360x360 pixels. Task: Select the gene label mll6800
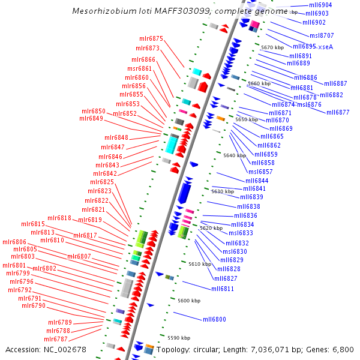[214, 319]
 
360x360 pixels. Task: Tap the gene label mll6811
[223, 289]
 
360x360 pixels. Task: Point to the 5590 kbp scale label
[178, 338]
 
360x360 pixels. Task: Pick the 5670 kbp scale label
[272, 47]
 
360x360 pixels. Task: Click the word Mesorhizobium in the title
[100, 11]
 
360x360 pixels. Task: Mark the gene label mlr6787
[55, 339]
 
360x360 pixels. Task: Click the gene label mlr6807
[79, 256]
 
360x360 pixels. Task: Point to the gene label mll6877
[338, 112]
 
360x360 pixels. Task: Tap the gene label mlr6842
[105, 173]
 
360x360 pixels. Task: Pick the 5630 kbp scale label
[223, 191]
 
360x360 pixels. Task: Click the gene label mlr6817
[85, 235]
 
